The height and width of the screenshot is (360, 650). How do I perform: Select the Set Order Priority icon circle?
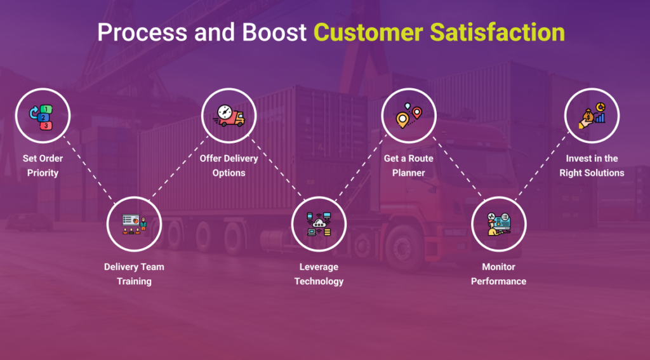[43, 115]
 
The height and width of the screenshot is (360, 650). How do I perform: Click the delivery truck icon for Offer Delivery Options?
[229, 115]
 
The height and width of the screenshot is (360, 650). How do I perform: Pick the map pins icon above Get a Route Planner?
[409, 115]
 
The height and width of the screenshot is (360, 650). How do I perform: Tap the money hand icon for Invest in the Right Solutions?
[592, 115]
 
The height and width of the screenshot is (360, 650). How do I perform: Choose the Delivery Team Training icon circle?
[134, 223]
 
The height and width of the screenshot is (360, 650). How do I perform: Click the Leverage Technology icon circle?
[319, 223]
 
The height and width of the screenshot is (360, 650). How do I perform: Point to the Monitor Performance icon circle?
[499, 223]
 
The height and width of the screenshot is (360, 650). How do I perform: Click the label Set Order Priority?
[43, 165]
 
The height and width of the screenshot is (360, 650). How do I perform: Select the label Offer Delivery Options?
[229, 165]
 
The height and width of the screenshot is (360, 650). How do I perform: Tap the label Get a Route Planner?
[409, 165]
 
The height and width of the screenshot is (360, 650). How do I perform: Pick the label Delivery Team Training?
[134, 274]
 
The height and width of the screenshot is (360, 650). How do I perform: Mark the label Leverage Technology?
[319, 274]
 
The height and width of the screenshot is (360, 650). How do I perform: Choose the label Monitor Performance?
[499, 274]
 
